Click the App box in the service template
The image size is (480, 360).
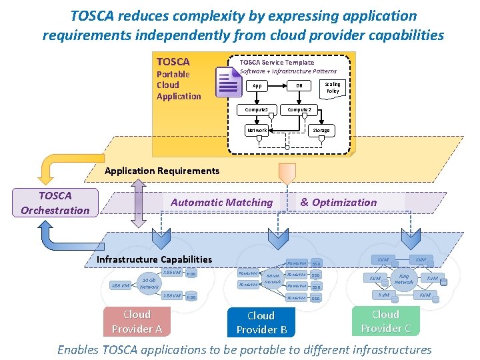tap(257, 85)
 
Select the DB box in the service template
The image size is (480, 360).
tap(299, 85)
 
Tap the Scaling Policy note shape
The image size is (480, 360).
tap(332, 87)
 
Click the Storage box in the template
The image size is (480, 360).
tap(321, 130)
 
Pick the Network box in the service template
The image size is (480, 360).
tap(257, 130)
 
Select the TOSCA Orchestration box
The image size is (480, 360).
tap(55, 203)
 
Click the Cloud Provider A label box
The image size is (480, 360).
tap(137, 321)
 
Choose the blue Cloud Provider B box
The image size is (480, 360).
tap(261, 323)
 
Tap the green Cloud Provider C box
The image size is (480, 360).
tap(385, 321)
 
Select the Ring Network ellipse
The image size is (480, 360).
tap(403, 279)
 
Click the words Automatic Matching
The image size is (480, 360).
tap(222, 202)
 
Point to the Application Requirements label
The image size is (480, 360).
tap(162, 171)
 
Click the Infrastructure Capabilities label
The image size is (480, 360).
tap(155, 259)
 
